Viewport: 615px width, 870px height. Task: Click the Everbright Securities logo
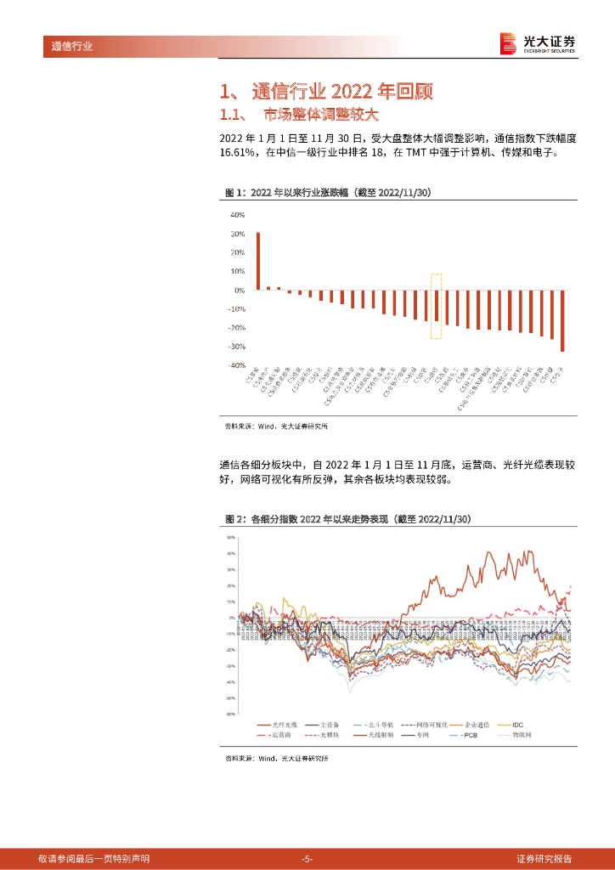(x=537, y=43)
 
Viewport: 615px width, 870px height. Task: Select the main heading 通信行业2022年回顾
(x=330, y=92)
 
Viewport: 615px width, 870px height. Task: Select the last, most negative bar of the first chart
(x=562, y=320)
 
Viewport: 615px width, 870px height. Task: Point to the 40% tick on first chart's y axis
(x=237, y=215)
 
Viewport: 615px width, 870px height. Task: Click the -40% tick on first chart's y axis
(x=235, y=365)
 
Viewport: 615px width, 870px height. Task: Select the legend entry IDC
(x=522, y=723)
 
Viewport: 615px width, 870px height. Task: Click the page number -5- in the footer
(x=307, y=859)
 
